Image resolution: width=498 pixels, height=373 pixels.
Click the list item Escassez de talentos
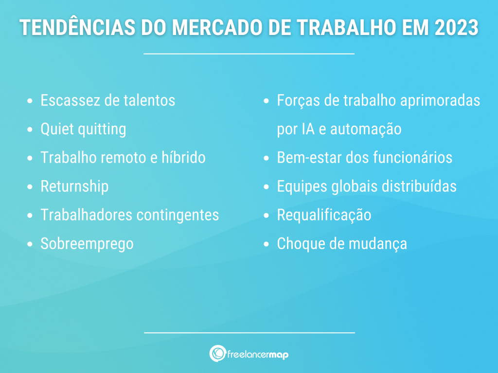pos(107,101)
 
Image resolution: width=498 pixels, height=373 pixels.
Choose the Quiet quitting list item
pos(83,129)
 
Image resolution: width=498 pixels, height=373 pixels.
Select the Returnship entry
pos(74,186)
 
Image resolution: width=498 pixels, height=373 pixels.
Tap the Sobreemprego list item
pos(87,244)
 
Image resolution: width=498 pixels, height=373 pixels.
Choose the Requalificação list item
pos(324,215)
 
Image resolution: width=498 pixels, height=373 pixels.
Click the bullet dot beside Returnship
pos(31,187)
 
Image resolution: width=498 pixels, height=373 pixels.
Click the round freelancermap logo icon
pos(217,354)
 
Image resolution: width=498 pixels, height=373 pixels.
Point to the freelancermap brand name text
pos(258,355)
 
